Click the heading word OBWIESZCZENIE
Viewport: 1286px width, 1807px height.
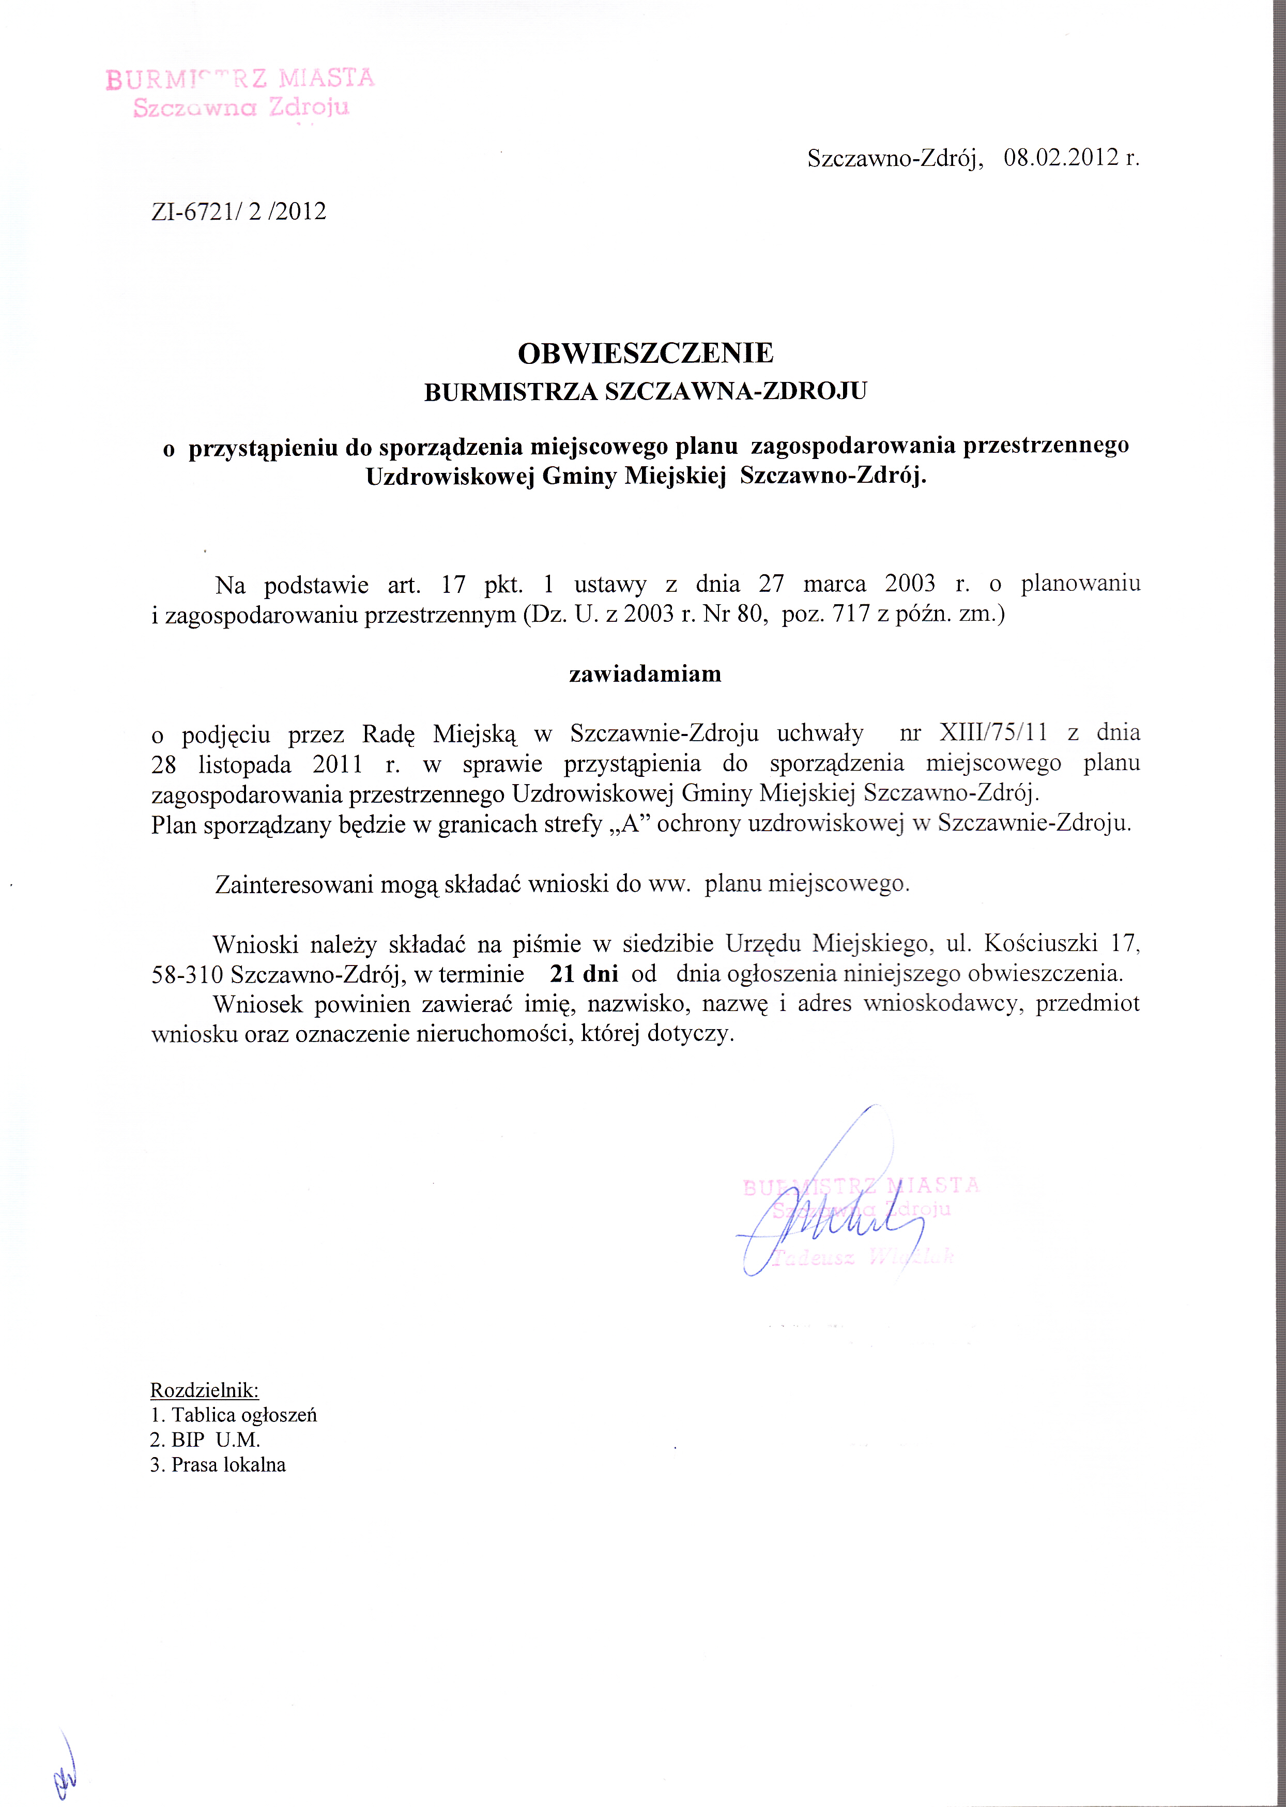pyautogui.click(x=646, y=353)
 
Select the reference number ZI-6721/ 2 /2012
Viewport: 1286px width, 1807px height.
pyautogui.click(x=238, y=211)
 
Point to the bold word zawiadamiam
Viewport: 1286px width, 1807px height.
pyautogui.click(x=646, y=674)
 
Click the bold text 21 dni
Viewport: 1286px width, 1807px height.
pyautogui.click(x=585, y=973)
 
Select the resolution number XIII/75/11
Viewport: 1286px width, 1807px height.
pyautogui.click(x=993, y=732)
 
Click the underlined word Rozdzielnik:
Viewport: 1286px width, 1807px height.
pyautogui.click(x=204, y=1390)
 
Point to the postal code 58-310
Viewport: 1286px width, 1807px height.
pyautogui.click(x=188, y=974)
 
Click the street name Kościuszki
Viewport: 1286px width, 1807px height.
pyautogui.click(x=1040, y=943)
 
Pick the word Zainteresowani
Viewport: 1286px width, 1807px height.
pyautogui.click(x=294, y=884)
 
